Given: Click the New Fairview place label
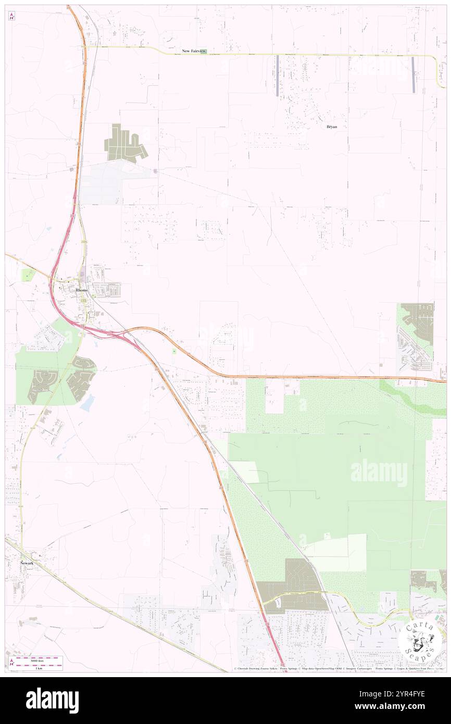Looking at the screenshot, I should (193, 51).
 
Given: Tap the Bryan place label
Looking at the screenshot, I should (331, 127).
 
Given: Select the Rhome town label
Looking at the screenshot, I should (82, 290).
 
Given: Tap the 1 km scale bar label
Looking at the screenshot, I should (39, 667).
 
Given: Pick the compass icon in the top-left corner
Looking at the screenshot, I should (11, 17).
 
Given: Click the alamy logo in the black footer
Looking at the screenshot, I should (52, 700).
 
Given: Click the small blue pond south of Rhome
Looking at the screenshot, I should (87, 402).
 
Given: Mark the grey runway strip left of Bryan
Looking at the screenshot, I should (278, 75).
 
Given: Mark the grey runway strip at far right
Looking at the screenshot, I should (413, 74).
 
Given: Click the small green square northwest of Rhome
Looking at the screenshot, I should (27, 274).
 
